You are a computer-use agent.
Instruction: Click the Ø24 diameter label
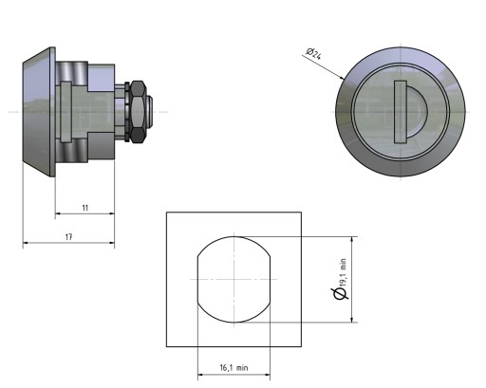coord(313,53)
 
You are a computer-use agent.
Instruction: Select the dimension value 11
coord(84,208)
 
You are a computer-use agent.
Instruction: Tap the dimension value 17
coord(68,237)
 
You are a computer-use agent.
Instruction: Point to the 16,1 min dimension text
coord(234,368)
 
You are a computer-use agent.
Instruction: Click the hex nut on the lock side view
coord(138,112)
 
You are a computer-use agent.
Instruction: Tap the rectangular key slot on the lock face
coord(401,112)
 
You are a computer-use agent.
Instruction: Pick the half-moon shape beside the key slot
coord(417,112)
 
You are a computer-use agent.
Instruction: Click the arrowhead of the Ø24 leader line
coord(342,77)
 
